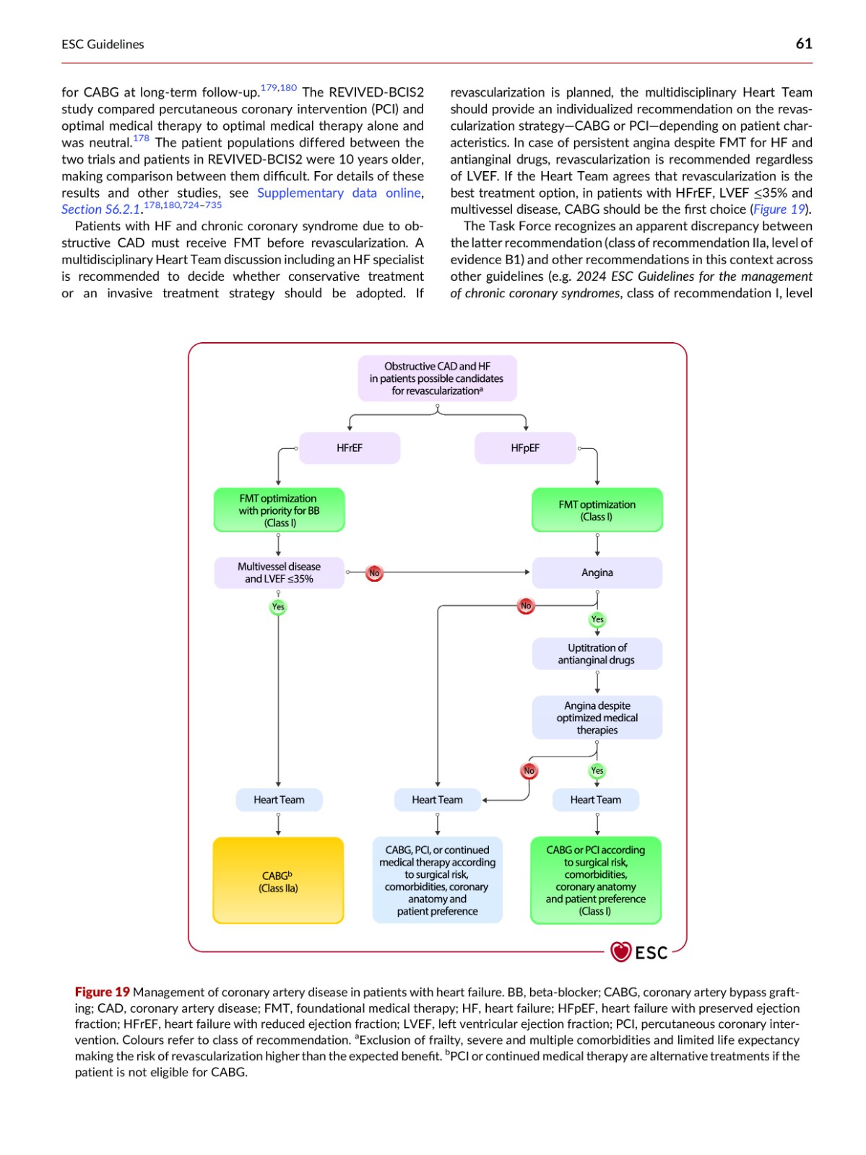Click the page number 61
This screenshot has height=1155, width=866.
[803, 44]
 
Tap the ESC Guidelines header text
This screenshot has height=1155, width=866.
[103, 44]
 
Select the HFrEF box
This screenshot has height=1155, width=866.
[350, 448]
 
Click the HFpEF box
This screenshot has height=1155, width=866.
[525, 448]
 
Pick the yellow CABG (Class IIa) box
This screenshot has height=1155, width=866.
[279, 880]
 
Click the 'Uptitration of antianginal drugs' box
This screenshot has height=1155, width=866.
[597, 653]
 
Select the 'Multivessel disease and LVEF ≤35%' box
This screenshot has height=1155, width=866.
[279, 572]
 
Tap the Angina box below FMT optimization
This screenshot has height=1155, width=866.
[597, 572]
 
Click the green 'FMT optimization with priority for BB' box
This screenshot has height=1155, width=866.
[279, 510]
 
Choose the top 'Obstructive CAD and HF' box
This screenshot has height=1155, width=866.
[437, 378]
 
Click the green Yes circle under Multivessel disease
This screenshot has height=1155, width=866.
[278, 606]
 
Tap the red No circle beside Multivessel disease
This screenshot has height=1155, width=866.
[374, 573]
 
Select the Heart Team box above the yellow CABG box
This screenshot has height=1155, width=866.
[279, 800]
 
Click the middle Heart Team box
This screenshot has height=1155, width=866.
[437, 800]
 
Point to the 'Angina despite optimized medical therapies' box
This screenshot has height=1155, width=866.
[597, 718]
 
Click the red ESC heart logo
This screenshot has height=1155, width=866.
[620, 952]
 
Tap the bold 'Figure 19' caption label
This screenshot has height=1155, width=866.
[102, 992]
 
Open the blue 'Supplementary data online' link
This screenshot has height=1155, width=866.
[339, 193]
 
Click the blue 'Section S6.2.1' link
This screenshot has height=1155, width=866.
[101, 209]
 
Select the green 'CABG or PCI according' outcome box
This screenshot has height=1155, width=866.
[596, 880]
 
